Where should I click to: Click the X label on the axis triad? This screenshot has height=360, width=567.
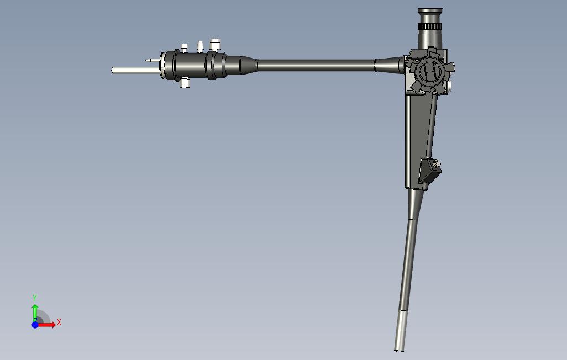pos(59,322)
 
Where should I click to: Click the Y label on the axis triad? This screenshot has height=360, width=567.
pos(35,298)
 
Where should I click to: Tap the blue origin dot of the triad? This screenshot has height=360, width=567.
pos(35,325)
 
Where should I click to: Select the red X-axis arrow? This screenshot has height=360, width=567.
pos(46,325)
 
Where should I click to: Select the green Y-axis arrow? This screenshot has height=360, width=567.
pos(35,313)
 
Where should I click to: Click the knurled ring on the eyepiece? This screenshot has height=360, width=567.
pos(430,27)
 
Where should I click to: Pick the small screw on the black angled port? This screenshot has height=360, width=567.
pos(437,164)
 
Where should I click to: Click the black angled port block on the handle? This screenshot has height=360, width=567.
pos(429,171)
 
